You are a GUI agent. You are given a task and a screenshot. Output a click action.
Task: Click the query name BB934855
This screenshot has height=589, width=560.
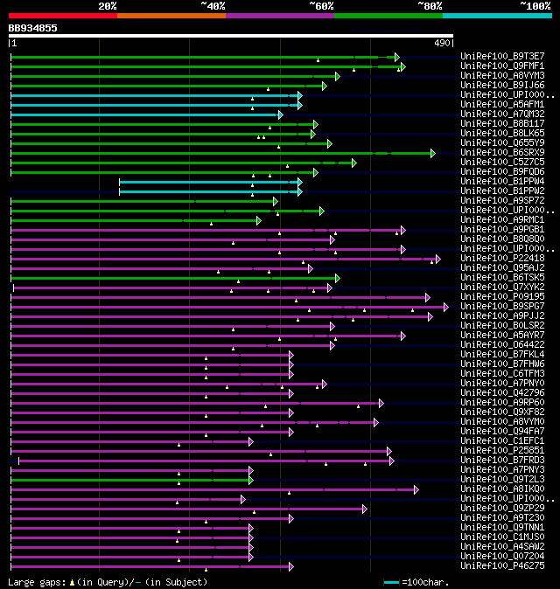pyautogui.click(x=33, y=28)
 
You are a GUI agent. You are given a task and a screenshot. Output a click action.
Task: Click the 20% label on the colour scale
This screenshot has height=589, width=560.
pyautogui.click(x=108, y=5)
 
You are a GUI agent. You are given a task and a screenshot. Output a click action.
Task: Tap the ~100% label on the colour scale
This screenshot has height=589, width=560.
pyautogui.click(x=535, y=5)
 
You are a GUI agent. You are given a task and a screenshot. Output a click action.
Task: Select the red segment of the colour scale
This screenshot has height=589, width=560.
pyautogui.click(x=62, y=16)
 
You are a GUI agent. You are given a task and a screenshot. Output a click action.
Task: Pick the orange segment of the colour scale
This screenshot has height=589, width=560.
pyautogui.click(x=171, y=16)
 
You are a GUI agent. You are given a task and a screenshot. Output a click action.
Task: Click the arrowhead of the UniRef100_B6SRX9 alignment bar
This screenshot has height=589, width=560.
pyautogui.click(x=432, y=153)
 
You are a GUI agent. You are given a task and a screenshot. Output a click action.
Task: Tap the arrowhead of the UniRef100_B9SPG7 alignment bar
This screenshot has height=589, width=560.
pyautogui.click(x=445, y=307)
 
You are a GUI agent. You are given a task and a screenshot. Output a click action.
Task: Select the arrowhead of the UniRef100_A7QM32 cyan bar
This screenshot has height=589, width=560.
pyautogui.click(x=280, y=114)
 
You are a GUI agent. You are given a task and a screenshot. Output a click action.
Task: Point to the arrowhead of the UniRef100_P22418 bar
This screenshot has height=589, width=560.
pyautogui.click(x=437, y=259)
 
